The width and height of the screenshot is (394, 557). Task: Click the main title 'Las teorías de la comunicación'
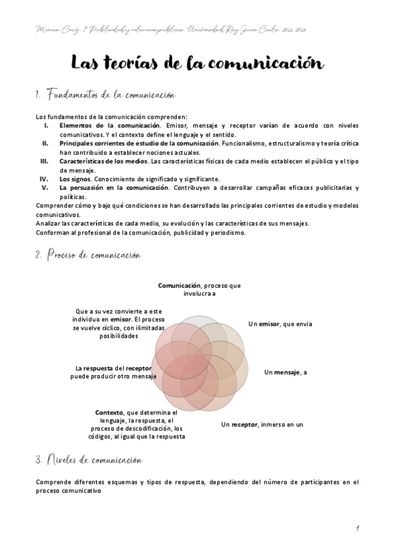pyautogui.click(x=197, y=64)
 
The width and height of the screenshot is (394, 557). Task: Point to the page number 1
pyautogui.click(x=356, y=528)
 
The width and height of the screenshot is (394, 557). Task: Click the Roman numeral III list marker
pyautogui.click(x=44, y=160)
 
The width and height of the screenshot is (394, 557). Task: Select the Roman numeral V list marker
pyautogui.click(x=45, y=187)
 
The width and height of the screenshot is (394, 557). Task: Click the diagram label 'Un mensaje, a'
pyautogui.click(x=285, y=372)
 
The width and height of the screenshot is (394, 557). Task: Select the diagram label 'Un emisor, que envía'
pyautogui.click(x=280, y=324)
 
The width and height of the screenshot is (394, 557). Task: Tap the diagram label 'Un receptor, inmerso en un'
pyautogui.click(x=262, y=424)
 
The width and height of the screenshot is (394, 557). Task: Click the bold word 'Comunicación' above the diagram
pyautogui.click(x=179, y=286)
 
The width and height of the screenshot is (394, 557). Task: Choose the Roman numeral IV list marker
pyautogui.click(x=45, y=178)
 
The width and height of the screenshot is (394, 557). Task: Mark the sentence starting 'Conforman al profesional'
pyautogui.click(x=141, y=232)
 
